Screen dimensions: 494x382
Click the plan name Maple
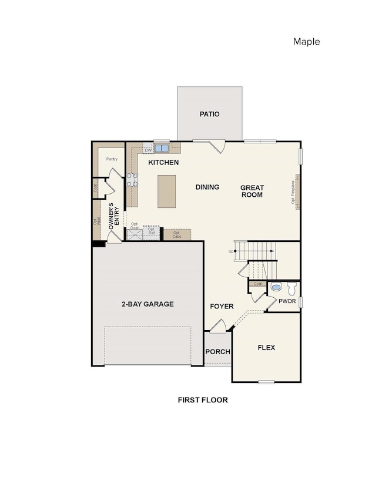click(x=306, y=42)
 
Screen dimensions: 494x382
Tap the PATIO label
click(x=209, y=114)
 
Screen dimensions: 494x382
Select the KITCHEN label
click(x=163, y=162)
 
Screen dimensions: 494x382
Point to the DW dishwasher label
click(x=148, y=150)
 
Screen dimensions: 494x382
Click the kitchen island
click(x=166, y=191)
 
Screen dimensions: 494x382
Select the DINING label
click(x=207, y=187)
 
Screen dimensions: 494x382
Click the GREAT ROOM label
click(x=251, y=191)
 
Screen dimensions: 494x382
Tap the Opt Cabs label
click(x=176, y=234)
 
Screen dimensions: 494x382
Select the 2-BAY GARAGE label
click(x=148, y=304)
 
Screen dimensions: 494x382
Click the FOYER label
click(x=222, y=307)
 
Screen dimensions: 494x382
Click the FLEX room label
click(x=266, y=348)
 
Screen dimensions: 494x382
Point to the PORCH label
click(x=217, y=352)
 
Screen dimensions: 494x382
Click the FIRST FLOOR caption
click(x=203, y=399)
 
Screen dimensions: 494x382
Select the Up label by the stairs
click(x=231, y=251)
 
